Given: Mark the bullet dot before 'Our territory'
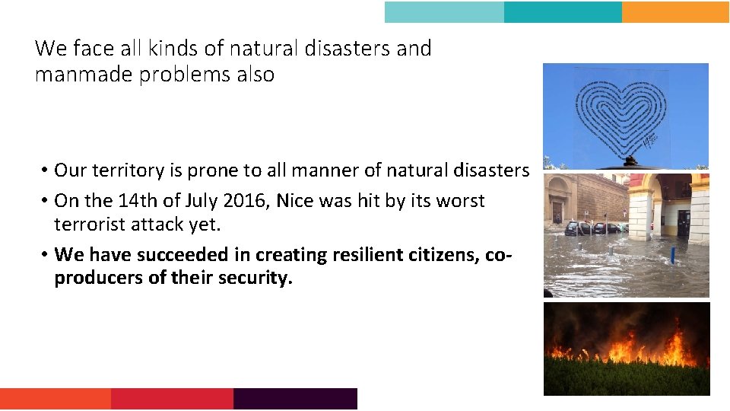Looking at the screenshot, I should (46, 171).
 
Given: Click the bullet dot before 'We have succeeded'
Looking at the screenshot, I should (46, 255).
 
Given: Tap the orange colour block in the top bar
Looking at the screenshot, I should (674, 12).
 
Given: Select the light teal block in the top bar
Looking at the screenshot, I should (444, 12).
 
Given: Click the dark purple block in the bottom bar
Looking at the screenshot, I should (295, 399).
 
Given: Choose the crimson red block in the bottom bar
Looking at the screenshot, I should (172, 399).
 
